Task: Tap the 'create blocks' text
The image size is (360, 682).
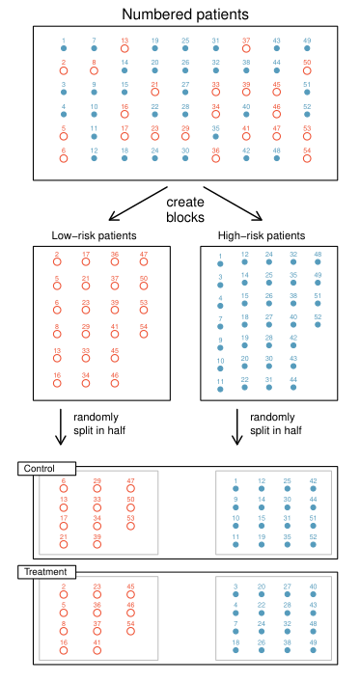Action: (184, 209)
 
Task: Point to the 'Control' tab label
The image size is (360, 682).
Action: (39, 469)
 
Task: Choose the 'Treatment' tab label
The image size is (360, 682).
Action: (44, 572)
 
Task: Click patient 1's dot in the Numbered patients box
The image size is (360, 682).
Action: (64, 49)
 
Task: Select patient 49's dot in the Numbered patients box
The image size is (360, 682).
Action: (307, 49)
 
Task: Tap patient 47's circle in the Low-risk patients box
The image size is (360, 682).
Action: (144, 263)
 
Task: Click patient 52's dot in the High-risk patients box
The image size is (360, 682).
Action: (318, 325)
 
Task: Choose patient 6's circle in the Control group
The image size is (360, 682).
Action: (64, 489)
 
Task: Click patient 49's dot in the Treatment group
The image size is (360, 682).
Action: (313, 648)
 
